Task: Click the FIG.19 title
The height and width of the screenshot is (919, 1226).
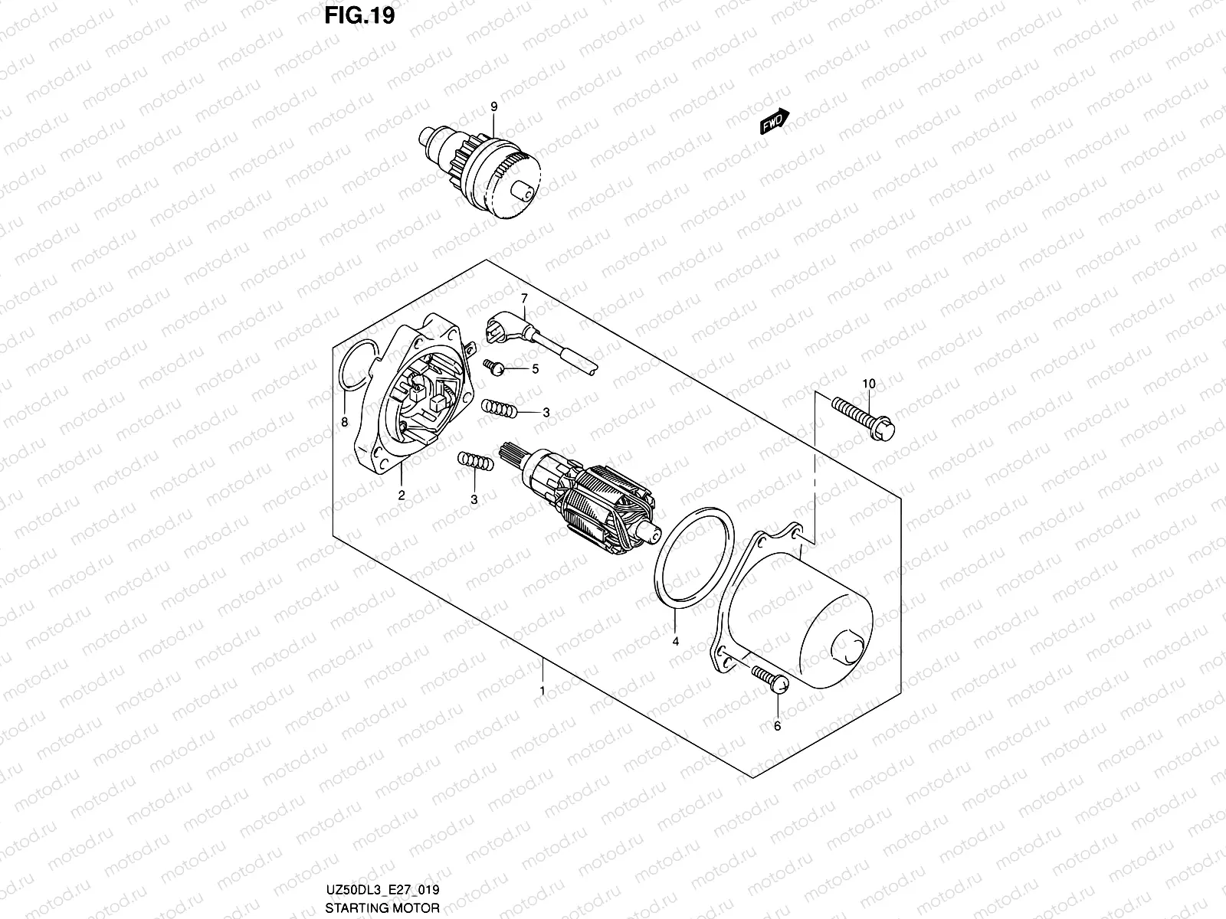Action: click(359, 16)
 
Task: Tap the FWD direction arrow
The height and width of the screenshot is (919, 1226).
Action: click(775, 121)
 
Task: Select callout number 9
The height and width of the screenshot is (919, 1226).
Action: click(493, 105)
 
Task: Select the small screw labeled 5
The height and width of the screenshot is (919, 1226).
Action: click(494, 369)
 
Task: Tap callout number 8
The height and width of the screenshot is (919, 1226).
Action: click(344, 422)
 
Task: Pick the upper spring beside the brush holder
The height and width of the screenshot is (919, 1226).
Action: click(498, 410)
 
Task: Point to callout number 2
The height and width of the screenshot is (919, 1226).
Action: click(401, 495)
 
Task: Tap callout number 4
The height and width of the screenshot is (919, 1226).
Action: click(675, 642)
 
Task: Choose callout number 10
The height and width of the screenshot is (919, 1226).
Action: click(868, 383)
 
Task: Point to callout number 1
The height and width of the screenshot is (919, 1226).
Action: click(543, 691)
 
